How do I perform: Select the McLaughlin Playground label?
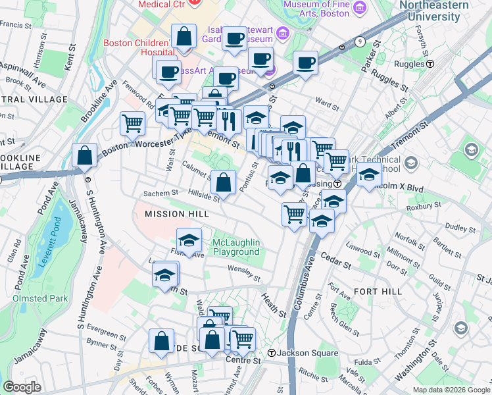pos(236,248)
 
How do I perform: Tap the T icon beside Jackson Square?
pos(270,353)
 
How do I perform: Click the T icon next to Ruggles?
pos(430,64)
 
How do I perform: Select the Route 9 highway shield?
pos(360,42)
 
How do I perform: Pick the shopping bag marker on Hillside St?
pos(224,182)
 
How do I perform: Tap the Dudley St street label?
pos(456,227)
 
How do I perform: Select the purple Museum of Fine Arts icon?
pos(359,7)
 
